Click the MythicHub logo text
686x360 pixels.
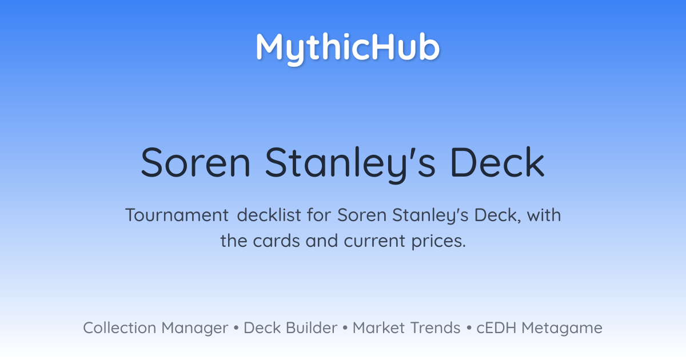point(348,49)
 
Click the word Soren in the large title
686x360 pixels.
point(196,162)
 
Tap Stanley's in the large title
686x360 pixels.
point(350,165)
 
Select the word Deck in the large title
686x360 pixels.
point(497,162)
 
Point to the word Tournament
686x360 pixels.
point(177,215)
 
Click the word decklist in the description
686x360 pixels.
point(269,215)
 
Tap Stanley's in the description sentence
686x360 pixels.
point(430,216)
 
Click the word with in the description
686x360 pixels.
point(544,215)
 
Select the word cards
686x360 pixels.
point(276,241)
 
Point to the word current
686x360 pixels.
point(374,241)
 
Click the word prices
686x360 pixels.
point(438,242)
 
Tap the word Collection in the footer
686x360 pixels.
point(119,327)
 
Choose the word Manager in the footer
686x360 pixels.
point(195,329)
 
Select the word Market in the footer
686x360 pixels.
point(378,327)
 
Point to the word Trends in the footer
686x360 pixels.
point(436,327)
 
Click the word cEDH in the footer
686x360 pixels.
point(496,328)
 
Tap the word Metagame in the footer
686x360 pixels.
point(562,329)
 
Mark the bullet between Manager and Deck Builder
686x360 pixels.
point(236,328)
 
